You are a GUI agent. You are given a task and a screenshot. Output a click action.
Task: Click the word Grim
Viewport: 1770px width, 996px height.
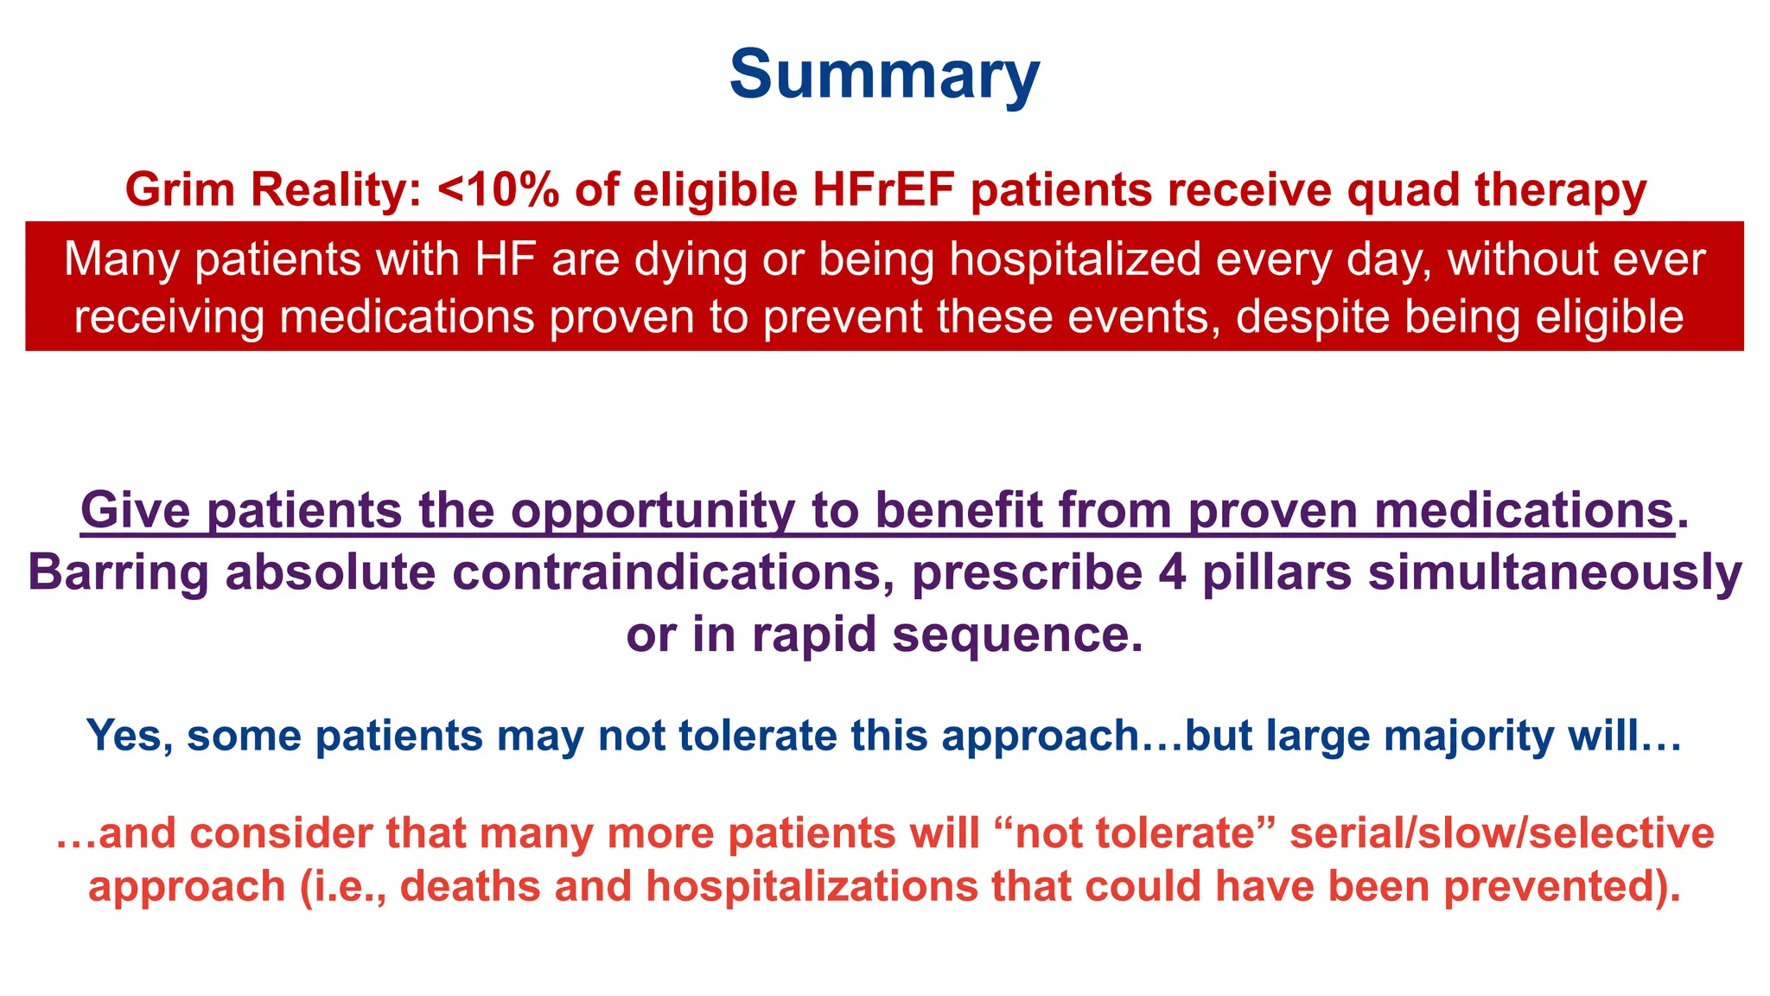pos(180,189)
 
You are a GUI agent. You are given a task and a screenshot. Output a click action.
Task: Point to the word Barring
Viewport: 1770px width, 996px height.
pos(118,572)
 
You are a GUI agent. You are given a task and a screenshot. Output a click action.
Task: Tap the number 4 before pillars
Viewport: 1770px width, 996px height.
pos(1172,572)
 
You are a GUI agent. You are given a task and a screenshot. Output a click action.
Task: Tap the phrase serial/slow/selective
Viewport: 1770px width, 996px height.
pos(1501,833)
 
